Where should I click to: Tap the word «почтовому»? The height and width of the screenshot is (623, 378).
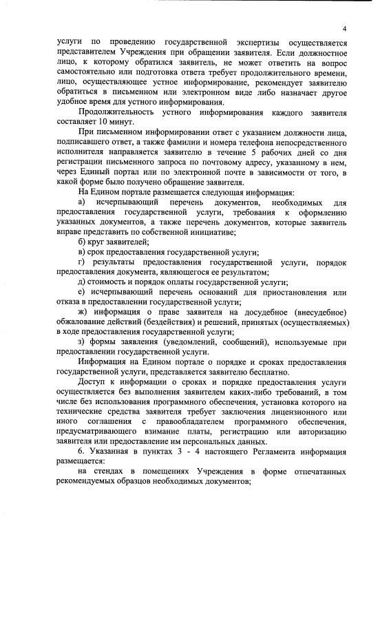tap(218, 169)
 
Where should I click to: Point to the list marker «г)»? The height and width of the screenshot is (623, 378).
tap(81, 264)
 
